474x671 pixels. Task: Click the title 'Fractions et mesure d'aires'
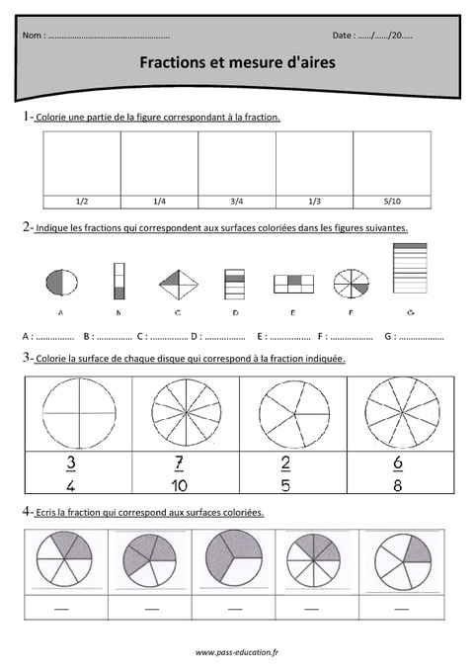click(x=237, y=62)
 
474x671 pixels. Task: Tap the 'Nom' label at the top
click(x=32, y=36)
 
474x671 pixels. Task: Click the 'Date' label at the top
click(x=343, y=36)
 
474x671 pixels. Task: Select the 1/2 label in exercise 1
click(x=82, y=201)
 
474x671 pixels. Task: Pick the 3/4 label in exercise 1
click(x=236, y=201)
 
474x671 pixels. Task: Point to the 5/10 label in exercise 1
click(x=391, y=201)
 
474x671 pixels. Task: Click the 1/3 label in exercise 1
click(x=314, y=201)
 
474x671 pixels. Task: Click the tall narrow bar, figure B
click(x=119, y=281)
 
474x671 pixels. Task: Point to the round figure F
click(x=349, y=284)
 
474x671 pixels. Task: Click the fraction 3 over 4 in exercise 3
click(x=71, y=472)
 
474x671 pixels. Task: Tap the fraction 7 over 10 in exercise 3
click(x=180, y=472)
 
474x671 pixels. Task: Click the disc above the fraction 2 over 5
click(x=288, y=411)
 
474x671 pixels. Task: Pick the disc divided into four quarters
click(x=72, y=411)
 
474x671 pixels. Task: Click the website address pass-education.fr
click(x=237, y=653)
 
